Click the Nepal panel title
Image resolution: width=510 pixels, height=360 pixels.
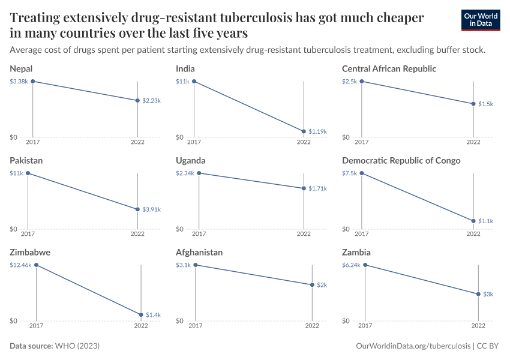21,69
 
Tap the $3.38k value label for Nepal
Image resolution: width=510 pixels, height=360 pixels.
19,81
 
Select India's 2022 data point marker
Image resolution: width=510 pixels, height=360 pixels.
304,131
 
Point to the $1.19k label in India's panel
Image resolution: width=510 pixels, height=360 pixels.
317,131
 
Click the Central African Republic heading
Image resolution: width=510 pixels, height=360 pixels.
389,69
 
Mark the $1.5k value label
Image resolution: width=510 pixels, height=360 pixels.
485,104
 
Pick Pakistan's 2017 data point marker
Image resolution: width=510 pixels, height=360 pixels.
28,173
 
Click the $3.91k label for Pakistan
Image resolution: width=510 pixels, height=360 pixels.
151,209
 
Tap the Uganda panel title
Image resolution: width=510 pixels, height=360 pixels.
190,161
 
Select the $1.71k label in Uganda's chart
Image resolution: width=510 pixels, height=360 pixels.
317,188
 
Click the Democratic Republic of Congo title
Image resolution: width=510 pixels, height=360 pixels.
401,161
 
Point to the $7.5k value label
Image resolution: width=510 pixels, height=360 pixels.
349,173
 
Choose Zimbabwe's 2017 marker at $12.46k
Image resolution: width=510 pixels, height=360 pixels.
36,265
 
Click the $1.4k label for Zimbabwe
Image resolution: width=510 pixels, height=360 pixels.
153,314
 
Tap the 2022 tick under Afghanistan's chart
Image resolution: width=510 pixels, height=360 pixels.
312,326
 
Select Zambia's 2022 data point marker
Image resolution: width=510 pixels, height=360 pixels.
478,294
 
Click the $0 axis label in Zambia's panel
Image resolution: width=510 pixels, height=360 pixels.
346,321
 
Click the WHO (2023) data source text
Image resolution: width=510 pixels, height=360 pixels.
77,346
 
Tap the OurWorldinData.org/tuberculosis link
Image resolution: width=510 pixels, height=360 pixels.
413,346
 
